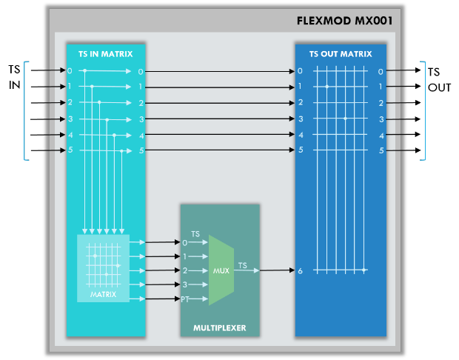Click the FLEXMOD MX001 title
pos(344,21)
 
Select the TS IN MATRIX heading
pos(105,54)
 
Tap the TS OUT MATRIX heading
pos(341,54)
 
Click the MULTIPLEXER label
pos(220,328)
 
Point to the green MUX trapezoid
pos(221,270)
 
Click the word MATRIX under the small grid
pos(103,294)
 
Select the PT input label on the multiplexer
pos(185,299)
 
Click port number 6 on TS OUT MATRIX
pos(300,270)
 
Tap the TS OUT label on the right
pos(439,80)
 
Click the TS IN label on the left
pos(14,77)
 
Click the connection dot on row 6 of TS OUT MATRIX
pos(363,270)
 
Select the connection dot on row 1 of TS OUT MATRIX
pos(327,87)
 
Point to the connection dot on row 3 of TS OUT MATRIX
pos(345,119)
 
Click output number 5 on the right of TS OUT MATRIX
pos(381,150)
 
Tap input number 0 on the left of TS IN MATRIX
pos(70,70)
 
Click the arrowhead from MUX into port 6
pos(292,270)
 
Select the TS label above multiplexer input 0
pos(195,234)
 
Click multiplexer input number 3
pos(185,284)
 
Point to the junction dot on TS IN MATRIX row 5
pos(121,151)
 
